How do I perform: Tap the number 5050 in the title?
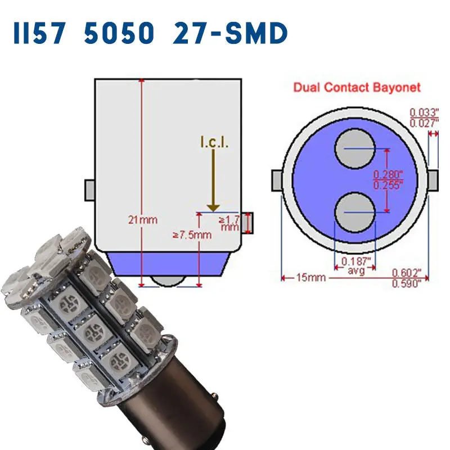tap(119, 34)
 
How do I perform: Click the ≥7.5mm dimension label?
tap(192, 235)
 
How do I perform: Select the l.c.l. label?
tap(214, 143)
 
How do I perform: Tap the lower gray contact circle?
tap(355, 212)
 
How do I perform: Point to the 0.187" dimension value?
tap(356, 261)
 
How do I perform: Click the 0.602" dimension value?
tap(406, 272)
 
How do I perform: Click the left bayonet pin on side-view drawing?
tap(89, 190)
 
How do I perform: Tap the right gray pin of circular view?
tap(433, 181)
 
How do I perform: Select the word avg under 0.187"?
tap(356, 271)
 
